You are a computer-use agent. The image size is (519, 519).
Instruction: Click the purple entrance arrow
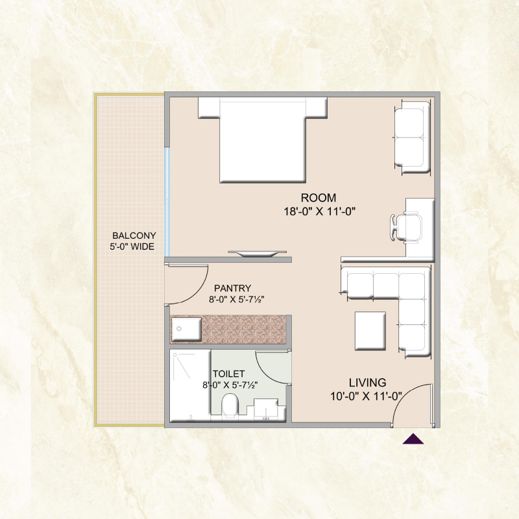click(x=413, y=439)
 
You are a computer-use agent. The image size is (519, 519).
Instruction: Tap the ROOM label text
click(x=319, y=198)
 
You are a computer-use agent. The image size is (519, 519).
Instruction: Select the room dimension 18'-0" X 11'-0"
click(x=319, y=211)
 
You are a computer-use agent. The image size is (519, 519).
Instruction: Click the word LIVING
click(x=367, y=383)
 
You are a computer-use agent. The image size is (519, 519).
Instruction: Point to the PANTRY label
click(x=232, y=288)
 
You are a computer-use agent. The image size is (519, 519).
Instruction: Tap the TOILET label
click(x=229, y=374)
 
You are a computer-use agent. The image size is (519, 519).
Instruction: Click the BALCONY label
click(x=134, y=235)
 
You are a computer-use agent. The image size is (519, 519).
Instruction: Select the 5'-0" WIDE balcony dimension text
click(x=132, y=247)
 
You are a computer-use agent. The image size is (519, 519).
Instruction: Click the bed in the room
click(x=263, y=139)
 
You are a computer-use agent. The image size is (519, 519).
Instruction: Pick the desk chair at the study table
click(x=406, y=227)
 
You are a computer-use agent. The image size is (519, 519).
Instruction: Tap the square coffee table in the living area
click(x=370, y=331)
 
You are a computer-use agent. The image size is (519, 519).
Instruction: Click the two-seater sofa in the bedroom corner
click(x=412, y=137)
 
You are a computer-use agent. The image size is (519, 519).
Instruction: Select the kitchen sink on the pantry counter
click(x=186, y=330)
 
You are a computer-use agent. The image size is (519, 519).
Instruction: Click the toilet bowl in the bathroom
click(x=230, y=405)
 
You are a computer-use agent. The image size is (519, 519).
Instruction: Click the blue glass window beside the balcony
click(x=167, y=202)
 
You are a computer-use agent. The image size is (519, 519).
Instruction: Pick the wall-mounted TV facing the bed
click(x=257, y=254)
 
